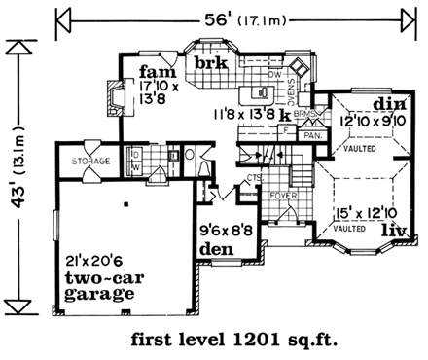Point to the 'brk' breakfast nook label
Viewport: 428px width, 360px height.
[x=210, y=64]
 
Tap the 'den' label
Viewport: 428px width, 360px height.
[x=216, y=249]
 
